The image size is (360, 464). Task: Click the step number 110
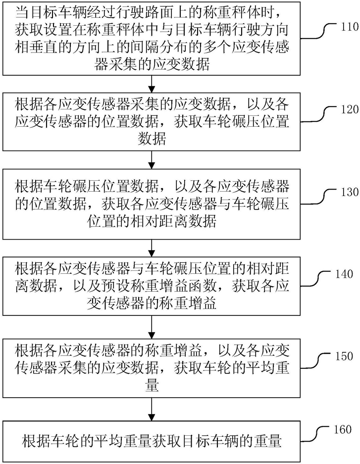(x=350, y=28)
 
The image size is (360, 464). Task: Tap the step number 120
(x=350, y=110)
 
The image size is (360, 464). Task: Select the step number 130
(x=350, y=192)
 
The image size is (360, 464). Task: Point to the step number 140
(x=344, y=274)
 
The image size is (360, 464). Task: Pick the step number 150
(x=344, y=356)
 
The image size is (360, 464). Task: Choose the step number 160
(x=343, y=429)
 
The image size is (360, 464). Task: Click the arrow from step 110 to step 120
(x=152, y=84)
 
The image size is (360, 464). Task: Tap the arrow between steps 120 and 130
(x=152, y=160)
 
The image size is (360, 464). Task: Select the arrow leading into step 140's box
(x=152, y=248)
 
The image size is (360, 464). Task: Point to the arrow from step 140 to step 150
(x=152, y=327)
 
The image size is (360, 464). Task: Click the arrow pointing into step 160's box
(x=152, y=409)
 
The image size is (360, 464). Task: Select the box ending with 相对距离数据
(x=152, y=204)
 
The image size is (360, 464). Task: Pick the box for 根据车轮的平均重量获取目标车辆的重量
(x=152, y=442)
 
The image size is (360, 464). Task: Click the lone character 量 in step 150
(x=152, y=385)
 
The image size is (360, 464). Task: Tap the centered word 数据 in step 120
(x=152, y=138)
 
